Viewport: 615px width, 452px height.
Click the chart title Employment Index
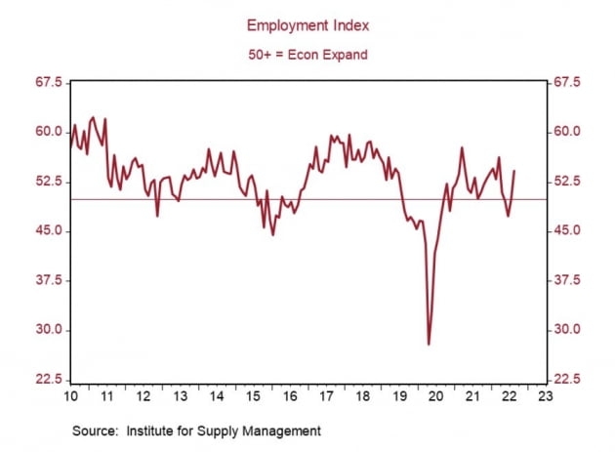307,25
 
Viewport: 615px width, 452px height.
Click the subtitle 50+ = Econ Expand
307,55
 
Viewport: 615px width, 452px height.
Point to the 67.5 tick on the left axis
49,83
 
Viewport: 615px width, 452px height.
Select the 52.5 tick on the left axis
49,182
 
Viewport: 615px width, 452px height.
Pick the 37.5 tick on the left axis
49,280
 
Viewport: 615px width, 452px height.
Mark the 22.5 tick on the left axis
49,380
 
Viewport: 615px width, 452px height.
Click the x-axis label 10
71,396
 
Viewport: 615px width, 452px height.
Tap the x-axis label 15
253,396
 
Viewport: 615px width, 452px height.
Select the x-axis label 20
435,396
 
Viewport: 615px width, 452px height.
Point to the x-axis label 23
544,396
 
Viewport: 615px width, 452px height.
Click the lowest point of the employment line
429,344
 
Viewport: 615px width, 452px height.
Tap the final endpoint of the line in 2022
514,171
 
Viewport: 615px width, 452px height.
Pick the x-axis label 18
362,396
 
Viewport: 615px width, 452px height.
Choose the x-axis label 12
143,396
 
